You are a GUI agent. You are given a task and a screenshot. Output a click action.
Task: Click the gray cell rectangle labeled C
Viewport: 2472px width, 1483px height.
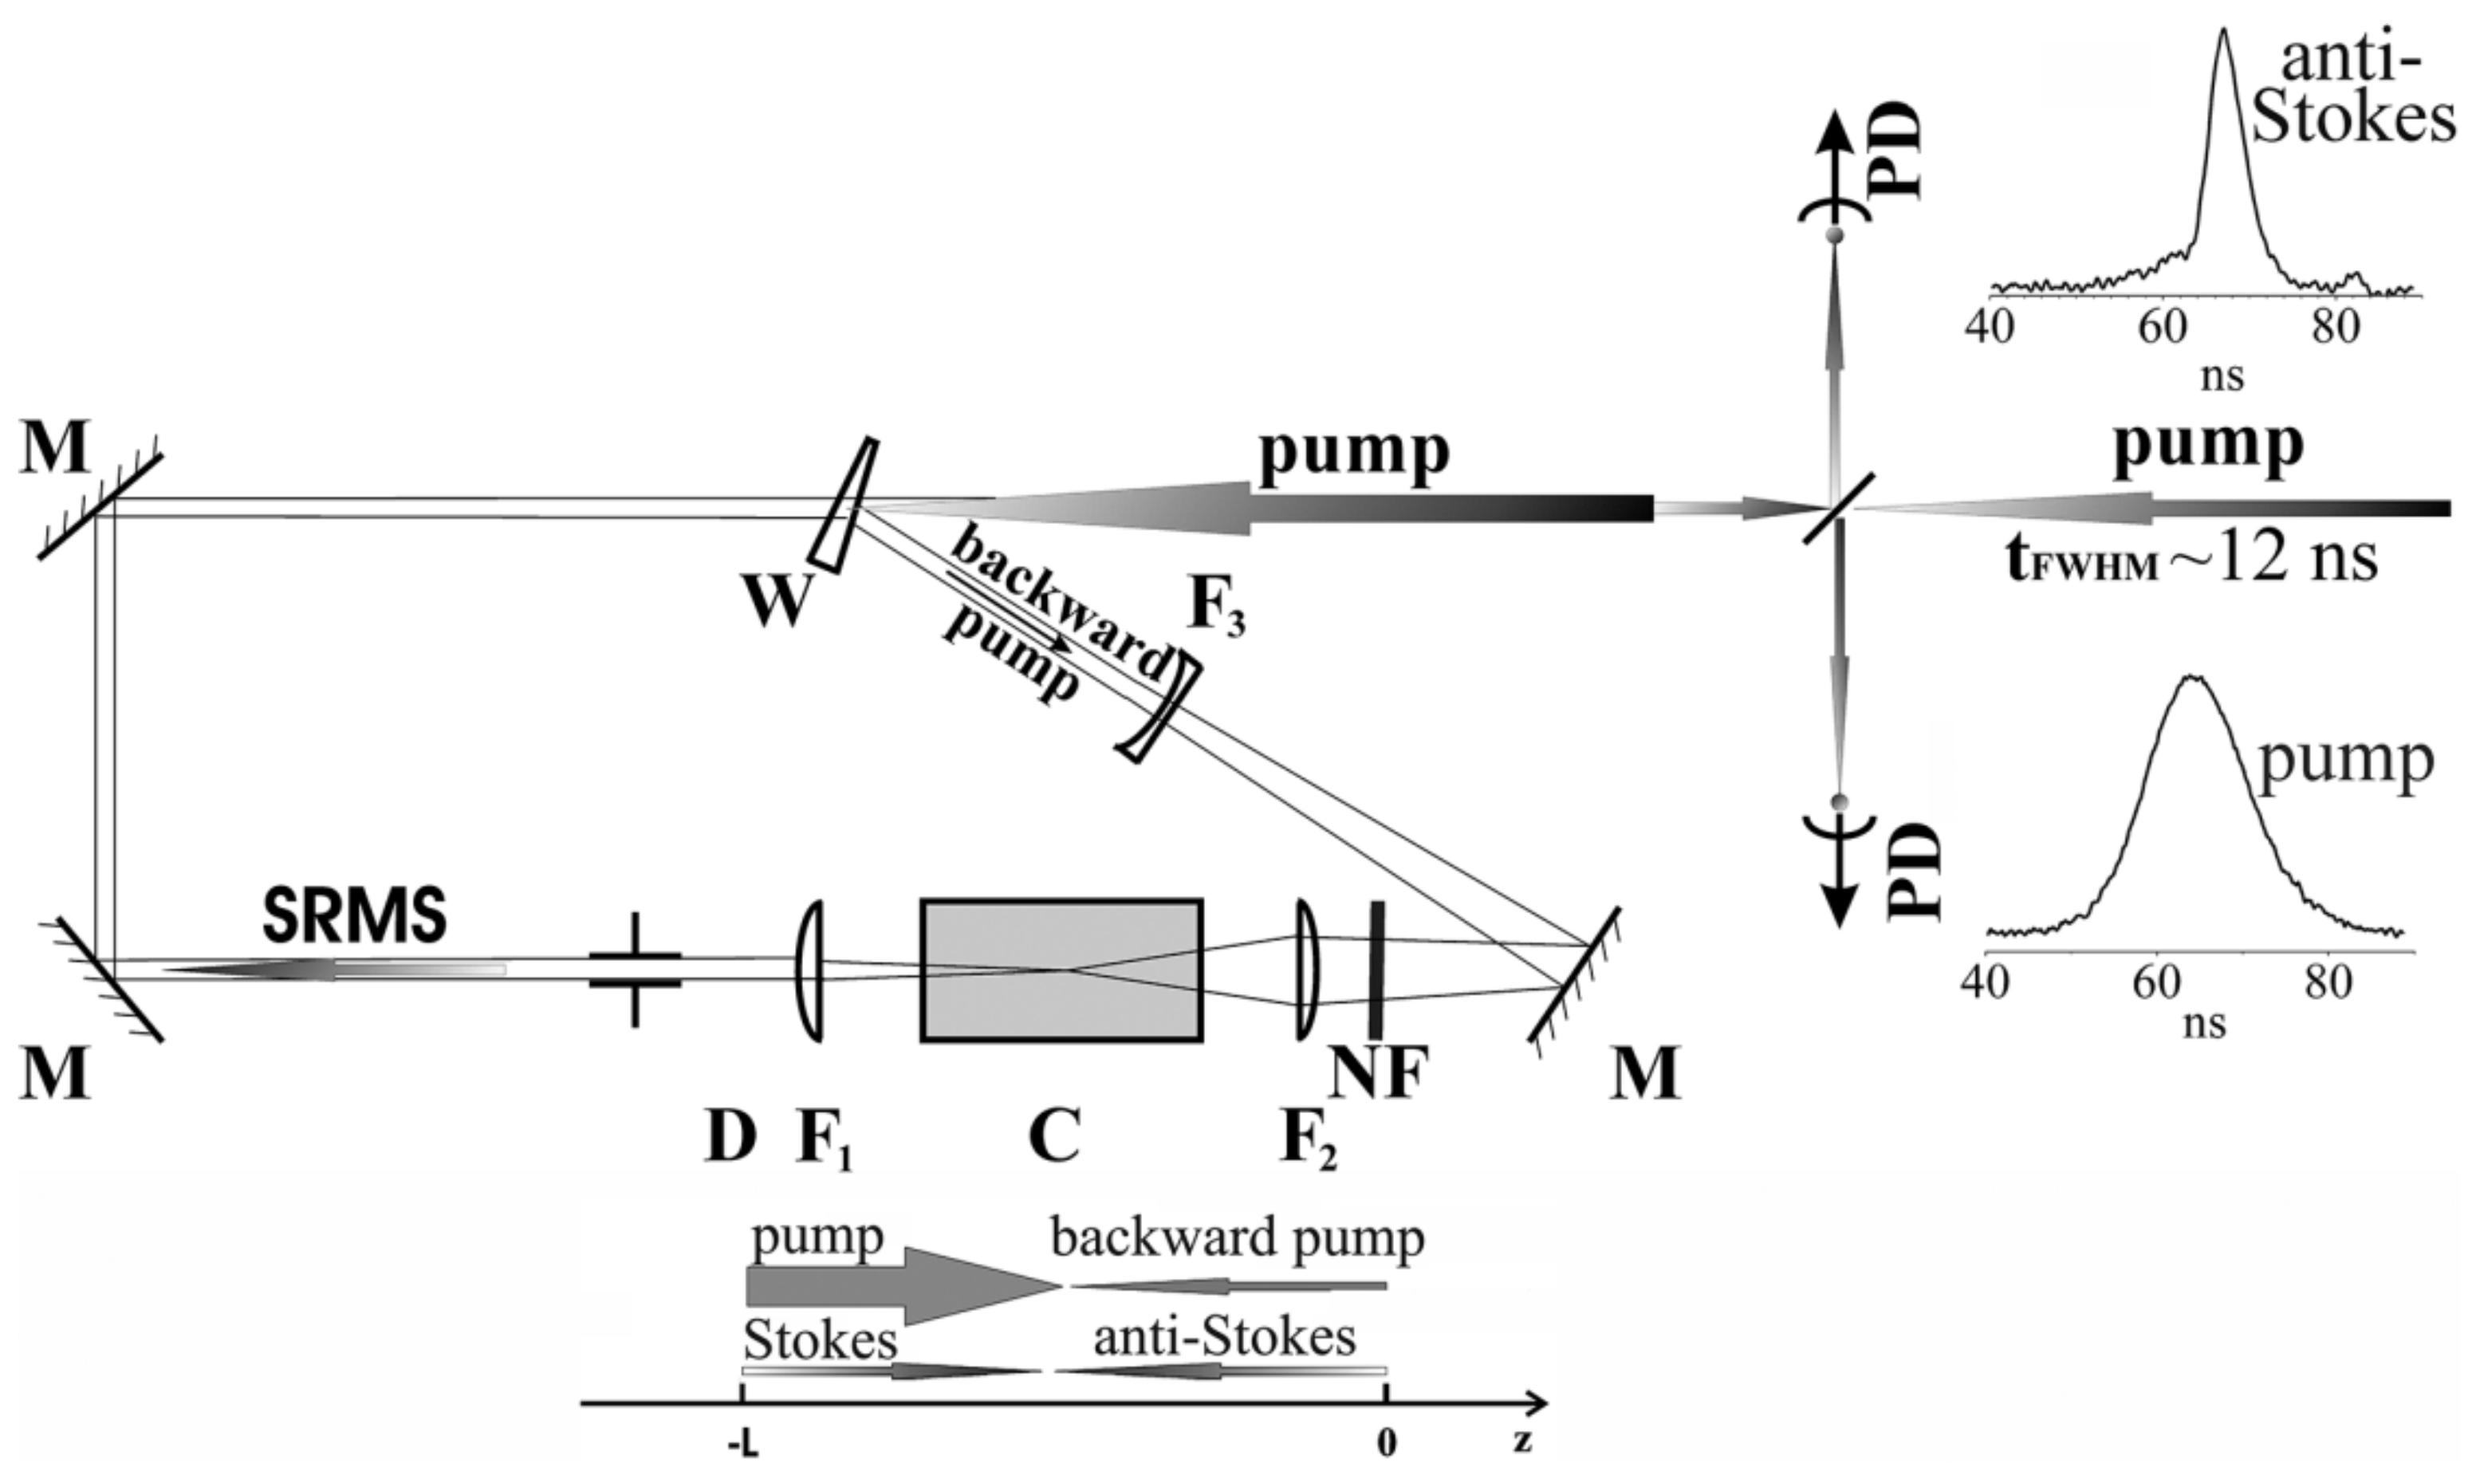[1061, 970]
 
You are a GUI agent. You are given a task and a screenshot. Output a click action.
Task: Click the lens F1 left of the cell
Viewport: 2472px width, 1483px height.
[811, 970]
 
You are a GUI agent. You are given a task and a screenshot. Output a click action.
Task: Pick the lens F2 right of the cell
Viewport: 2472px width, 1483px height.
[1307, 970]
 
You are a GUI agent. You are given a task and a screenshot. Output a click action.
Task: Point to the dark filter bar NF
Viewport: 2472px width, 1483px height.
[1376, 970]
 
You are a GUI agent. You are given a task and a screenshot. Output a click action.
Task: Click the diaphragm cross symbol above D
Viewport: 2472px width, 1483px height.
[636, 970]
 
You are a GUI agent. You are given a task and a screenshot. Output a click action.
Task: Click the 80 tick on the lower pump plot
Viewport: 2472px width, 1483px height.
[2328, 983]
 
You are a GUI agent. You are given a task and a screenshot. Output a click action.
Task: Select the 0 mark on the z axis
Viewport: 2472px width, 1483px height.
[1386, 1447]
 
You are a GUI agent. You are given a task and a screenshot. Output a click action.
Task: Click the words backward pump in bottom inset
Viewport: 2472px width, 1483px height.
[1237, 1239]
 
